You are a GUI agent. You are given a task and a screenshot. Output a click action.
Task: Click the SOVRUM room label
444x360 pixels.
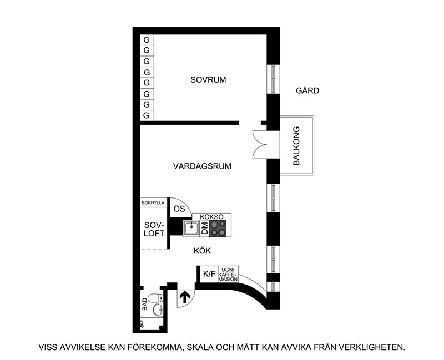point(208,80)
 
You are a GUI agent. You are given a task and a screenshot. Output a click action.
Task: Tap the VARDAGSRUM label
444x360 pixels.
point(202,166)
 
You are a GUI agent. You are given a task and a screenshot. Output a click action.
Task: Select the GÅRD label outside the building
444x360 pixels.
point(307,90)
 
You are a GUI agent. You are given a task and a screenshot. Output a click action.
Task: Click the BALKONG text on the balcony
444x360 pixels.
point(296,146)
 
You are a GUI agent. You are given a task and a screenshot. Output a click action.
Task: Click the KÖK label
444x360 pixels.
point(203,251)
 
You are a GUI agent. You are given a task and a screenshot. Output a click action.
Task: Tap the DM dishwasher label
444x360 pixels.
point(204,228)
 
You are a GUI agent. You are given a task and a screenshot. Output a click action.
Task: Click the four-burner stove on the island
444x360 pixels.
point(219,229)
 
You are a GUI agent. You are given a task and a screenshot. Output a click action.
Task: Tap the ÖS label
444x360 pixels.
point(179,209)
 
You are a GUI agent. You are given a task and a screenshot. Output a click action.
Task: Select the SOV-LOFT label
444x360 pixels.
point(154,230)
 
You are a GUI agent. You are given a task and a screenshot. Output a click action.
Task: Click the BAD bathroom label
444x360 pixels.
point(145,304)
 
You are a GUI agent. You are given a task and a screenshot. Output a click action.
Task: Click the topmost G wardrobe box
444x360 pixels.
point(147,40)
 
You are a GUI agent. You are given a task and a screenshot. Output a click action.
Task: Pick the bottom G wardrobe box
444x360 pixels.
point(147,115)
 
